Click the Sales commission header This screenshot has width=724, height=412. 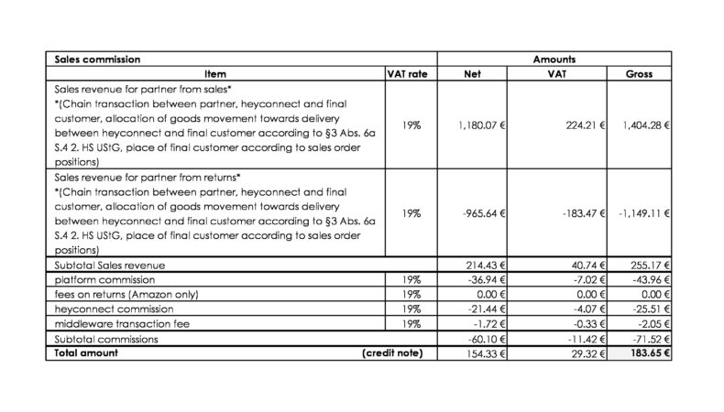click(x=97, y=59)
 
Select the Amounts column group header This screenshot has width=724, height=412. click(x=554, y=59)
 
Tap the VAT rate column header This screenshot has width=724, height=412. click(x=410, y=73)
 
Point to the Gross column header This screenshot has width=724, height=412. click(x=639, y=73)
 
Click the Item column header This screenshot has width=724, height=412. click(x=215, y=73)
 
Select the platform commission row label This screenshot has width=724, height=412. click(x=105, y=279)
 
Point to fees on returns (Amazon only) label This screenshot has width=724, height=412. click(x=126, y=294)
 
